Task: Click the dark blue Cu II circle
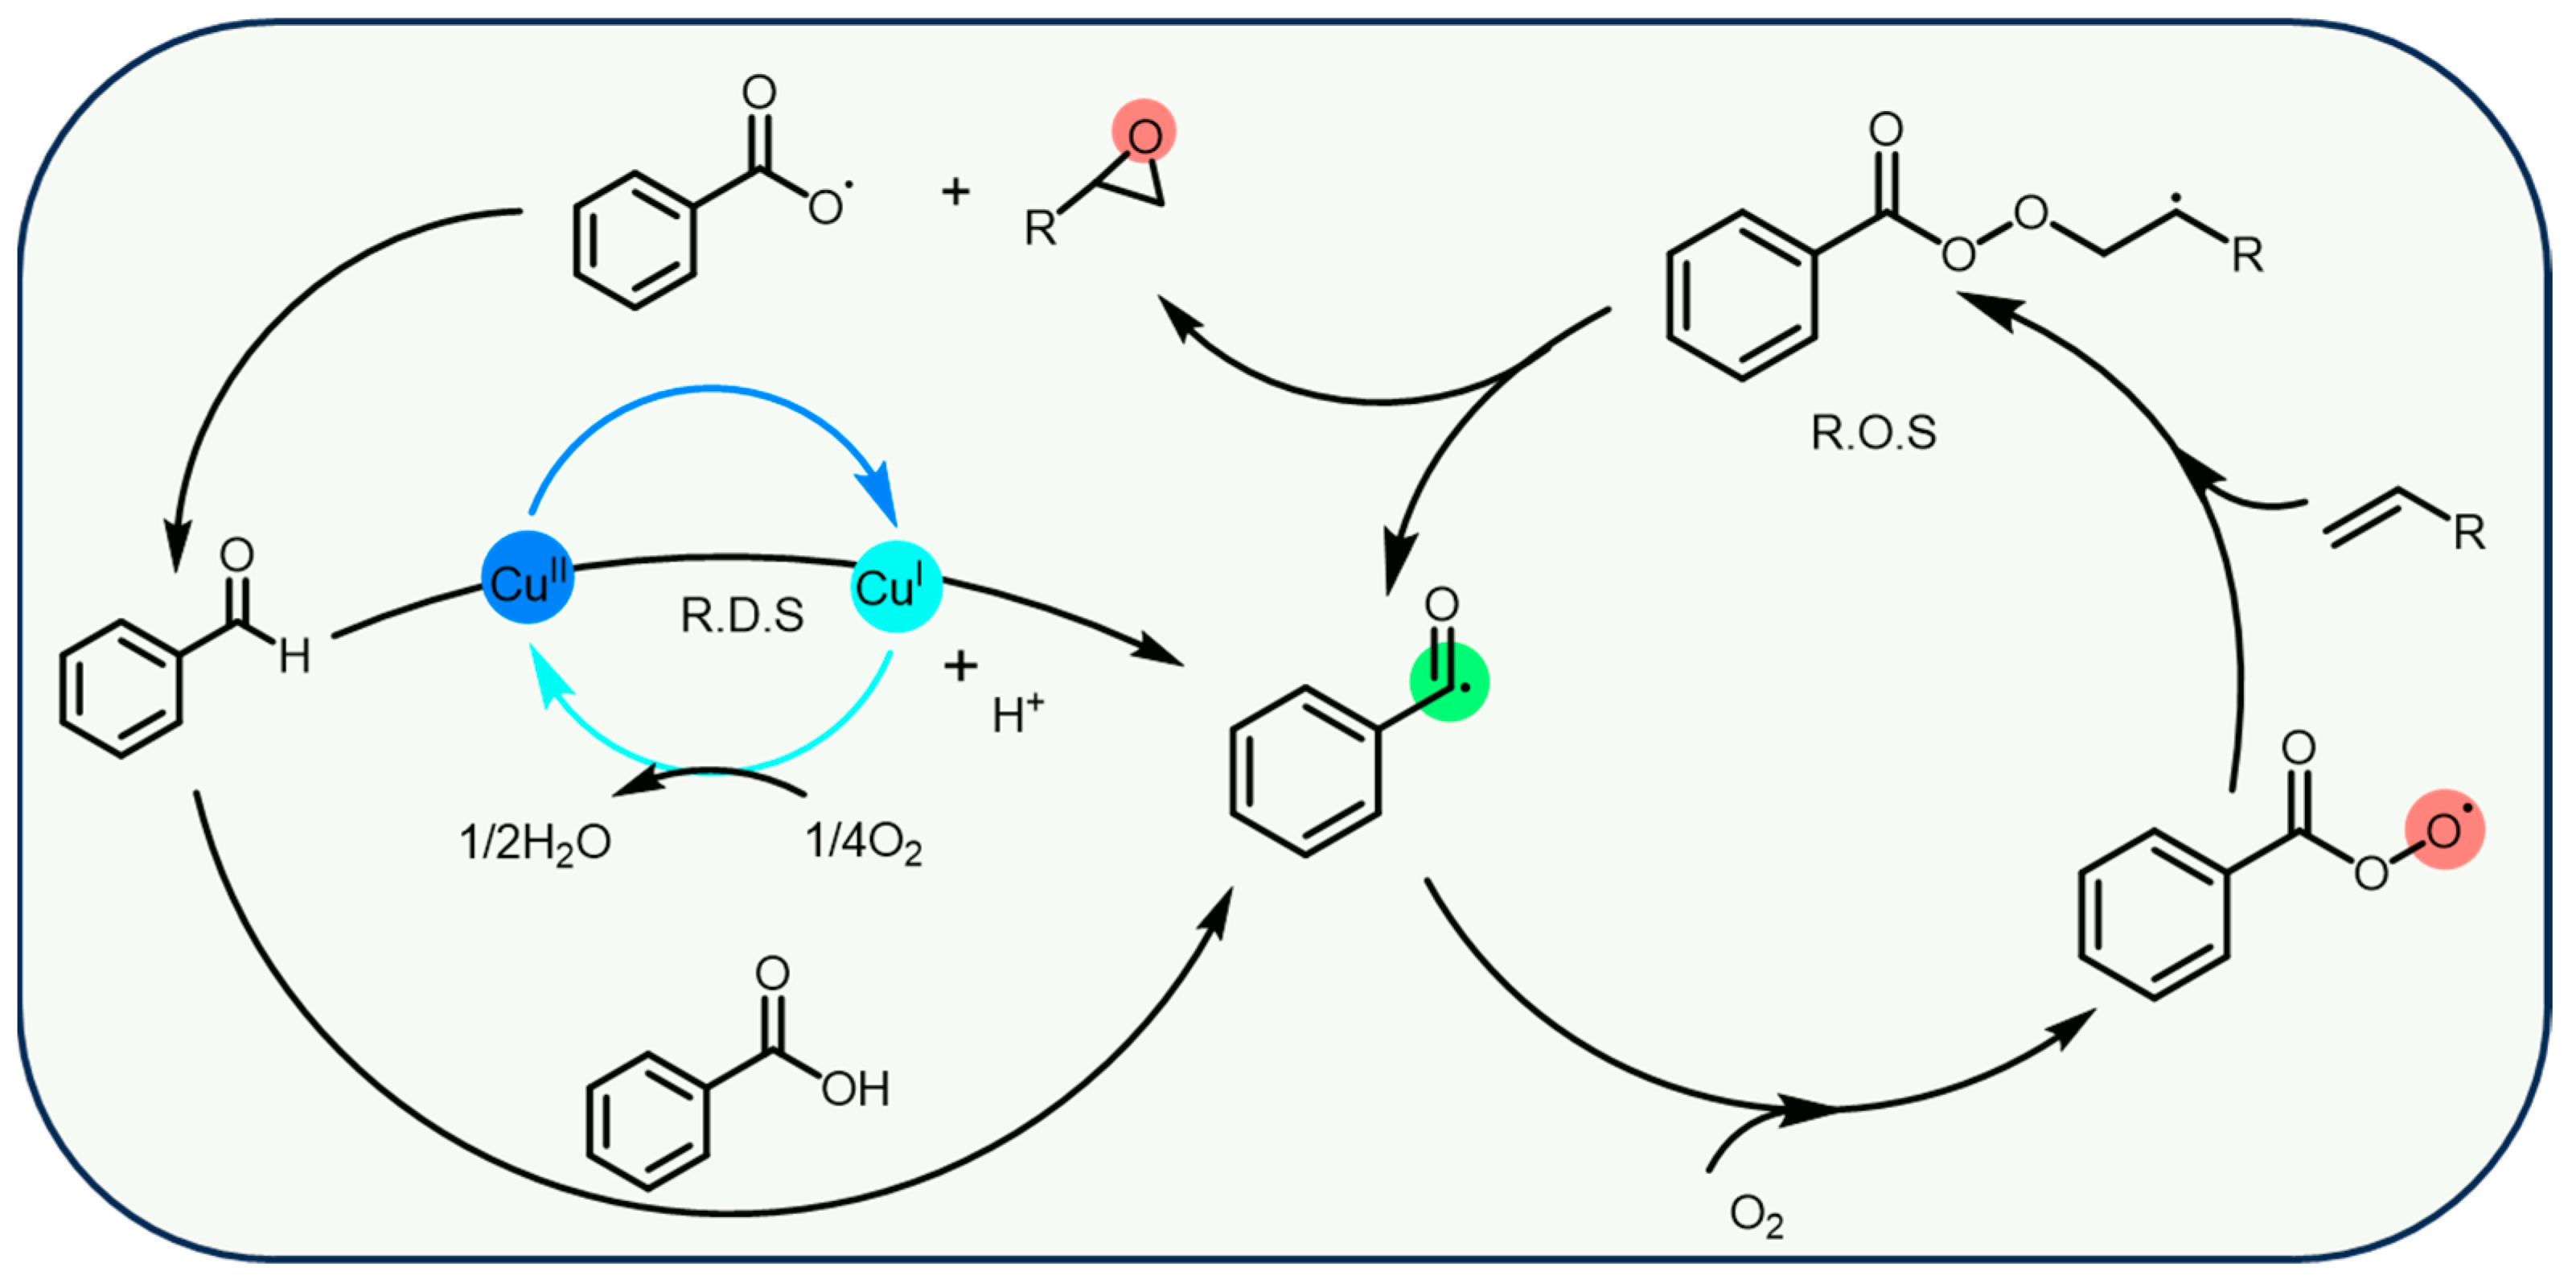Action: point(528,578)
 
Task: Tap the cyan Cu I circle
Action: point(895,587)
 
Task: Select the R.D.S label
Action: point(742,616)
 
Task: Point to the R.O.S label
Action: point(1873,433)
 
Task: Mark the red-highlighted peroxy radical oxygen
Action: point(2443,829)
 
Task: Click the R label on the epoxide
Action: point(1040,230)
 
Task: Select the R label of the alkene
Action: point(2468,533)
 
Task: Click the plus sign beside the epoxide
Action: point(955,191)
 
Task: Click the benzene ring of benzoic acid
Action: point(648,1122)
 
